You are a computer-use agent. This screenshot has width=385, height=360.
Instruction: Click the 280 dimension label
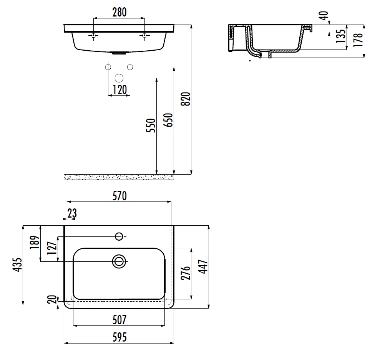click(119, 12)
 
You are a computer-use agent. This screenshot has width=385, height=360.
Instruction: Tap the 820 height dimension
click(186, 99)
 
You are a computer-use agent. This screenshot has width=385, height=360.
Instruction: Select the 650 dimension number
click(168, 120)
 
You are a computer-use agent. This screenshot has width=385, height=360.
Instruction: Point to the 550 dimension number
click(151, 126)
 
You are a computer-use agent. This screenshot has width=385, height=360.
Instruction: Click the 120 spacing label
click(119, 89)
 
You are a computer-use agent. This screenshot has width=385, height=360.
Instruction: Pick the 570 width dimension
click(119, 196)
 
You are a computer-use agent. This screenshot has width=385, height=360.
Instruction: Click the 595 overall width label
click(119, 337)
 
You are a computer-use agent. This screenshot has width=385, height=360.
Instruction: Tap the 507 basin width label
click(119, 320)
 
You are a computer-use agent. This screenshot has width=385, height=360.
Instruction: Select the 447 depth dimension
click(203, 267)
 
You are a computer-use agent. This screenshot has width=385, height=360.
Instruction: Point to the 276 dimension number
click(186, 273)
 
